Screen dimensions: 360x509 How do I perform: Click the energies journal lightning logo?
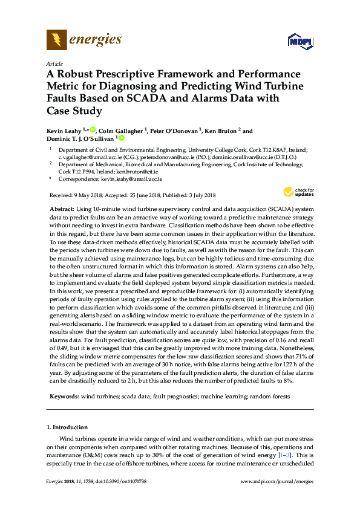coord(57,41)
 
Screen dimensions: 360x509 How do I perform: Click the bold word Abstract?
coord(62,207)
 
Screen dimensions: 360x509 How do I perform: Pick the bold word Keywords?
coord(64,396)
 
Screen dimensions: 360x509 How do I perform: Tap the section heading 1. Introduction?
coord(67,427)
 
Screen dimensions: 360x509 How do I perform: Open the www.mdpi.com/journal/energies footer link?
coord(277,481)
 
